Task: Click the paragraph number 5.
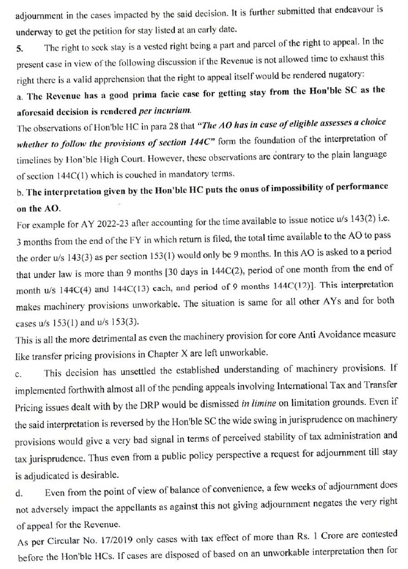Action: (18, 47)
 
